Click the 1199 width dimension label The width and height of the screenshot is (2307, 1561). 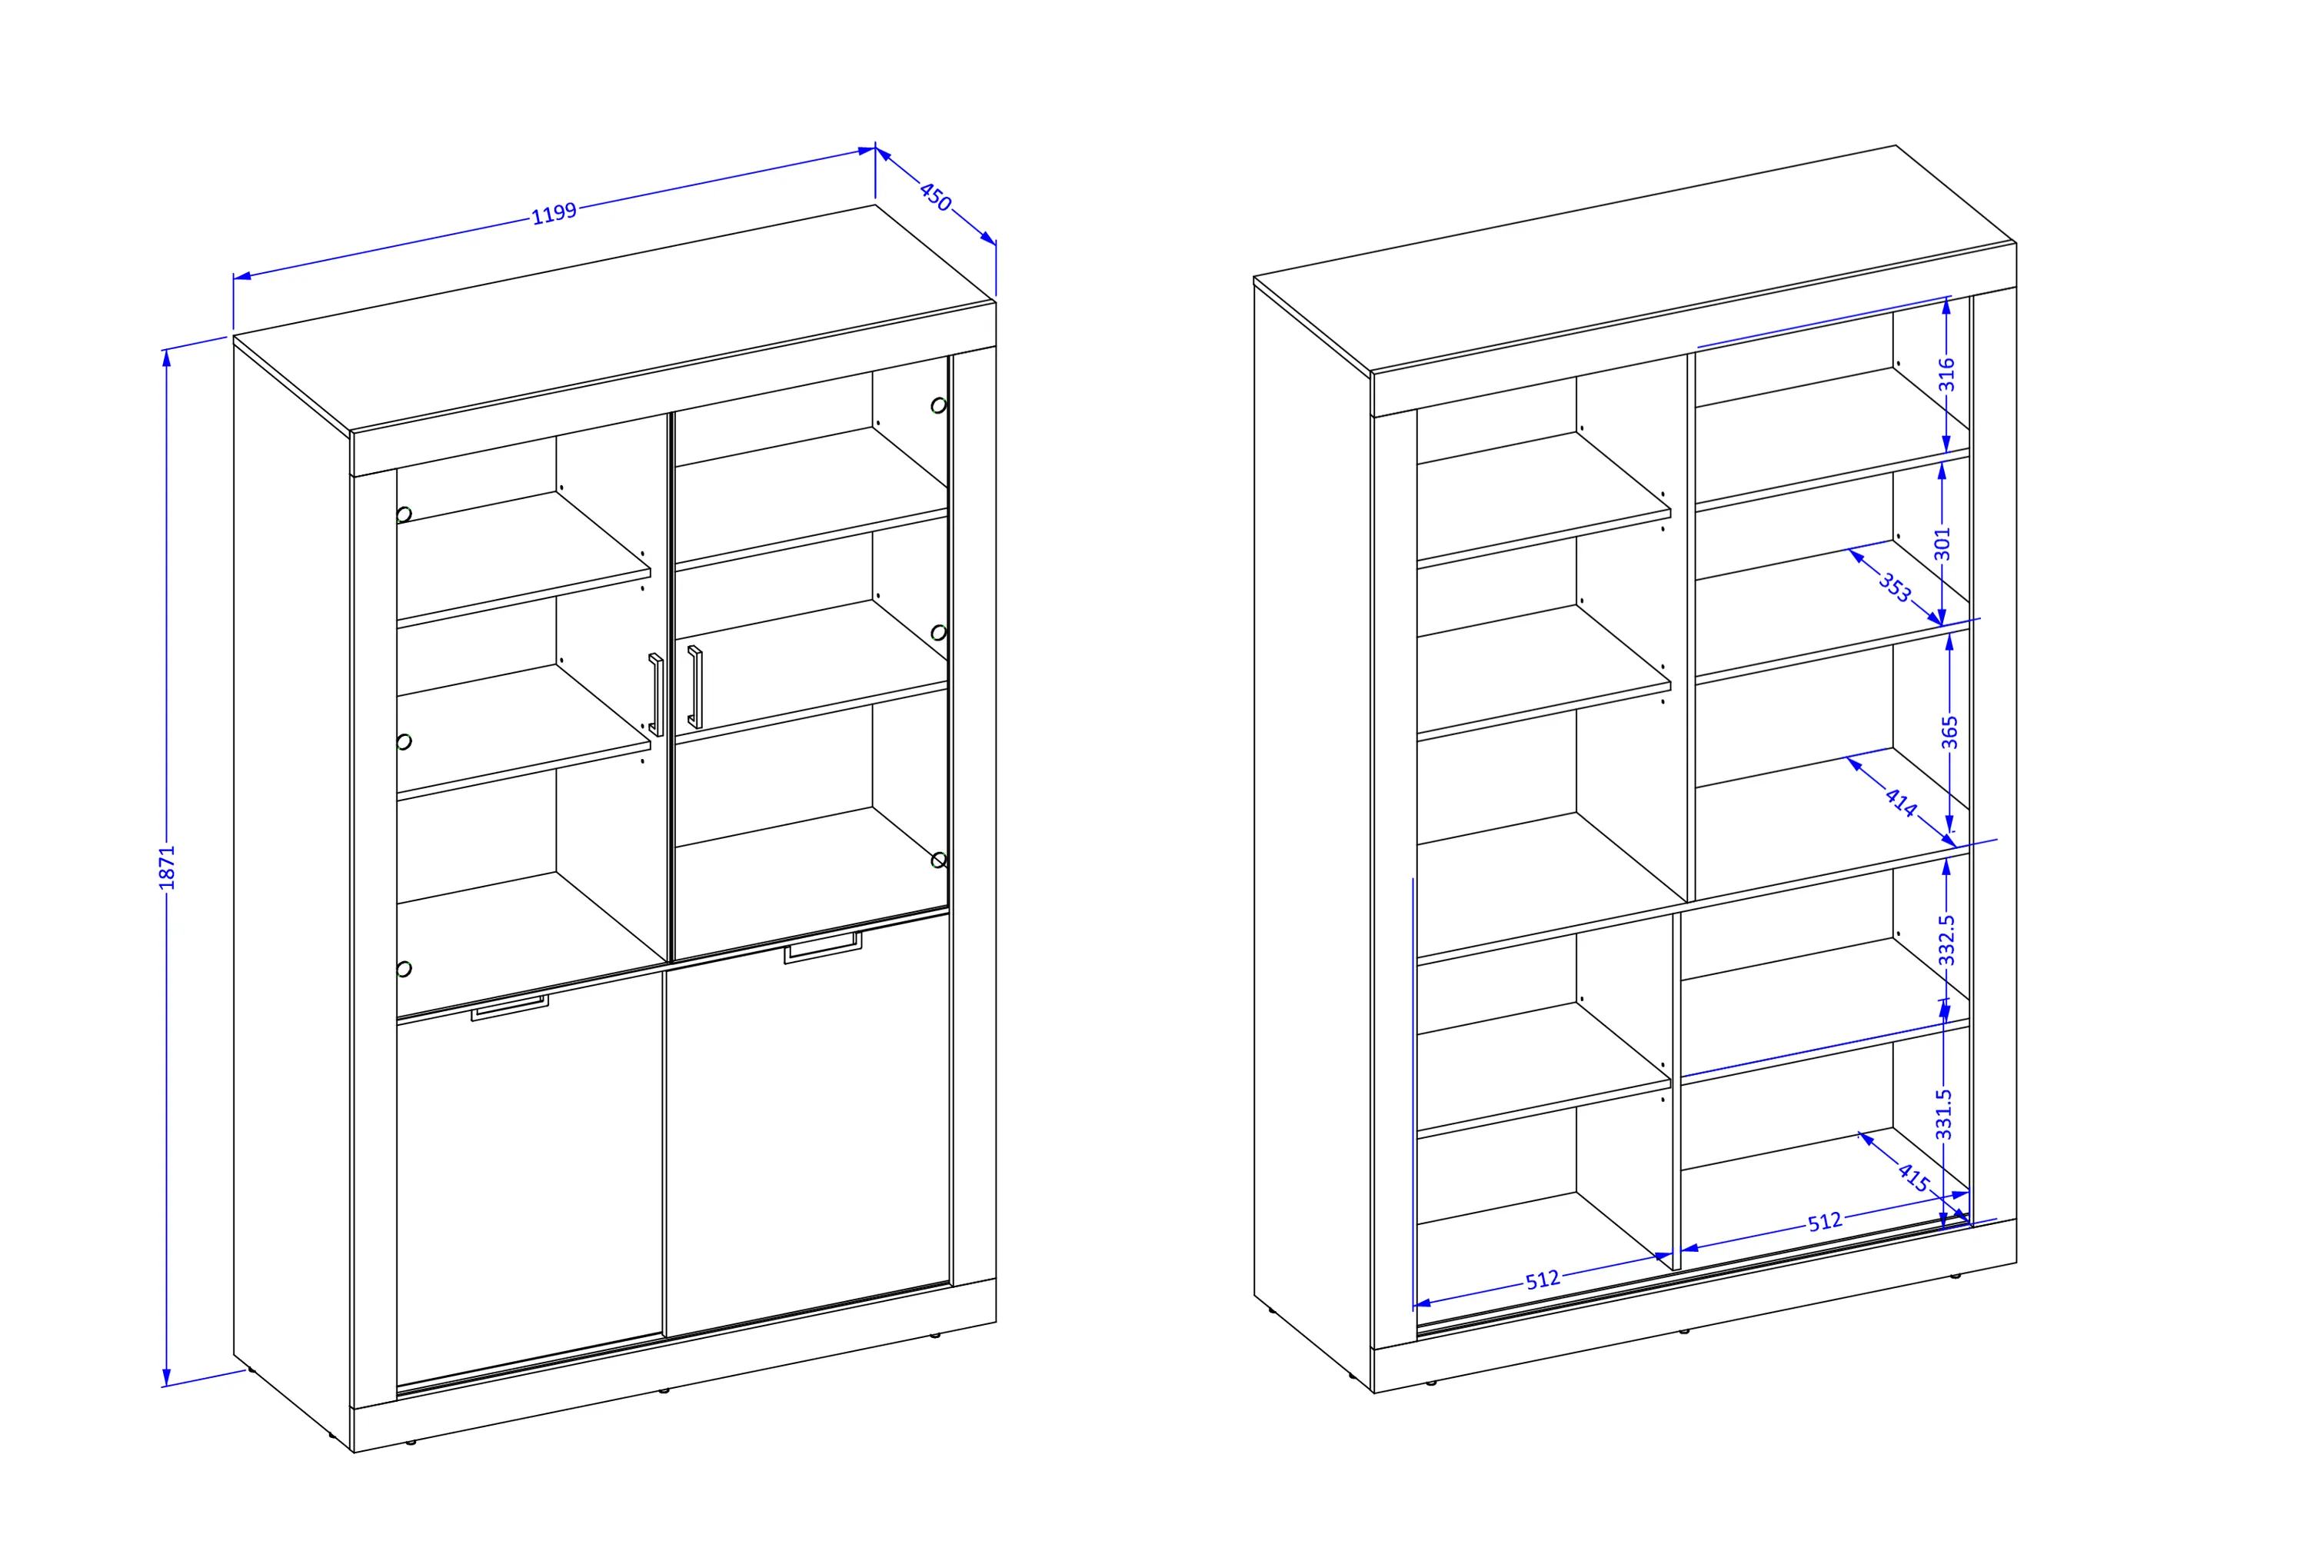pos(554,213)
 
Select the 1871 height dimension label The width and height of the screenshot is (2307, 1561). pos(167,867)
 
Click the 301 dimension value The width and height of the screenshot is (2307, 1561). pos(1942,544)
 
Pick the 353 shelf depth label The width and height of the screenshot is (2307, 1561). pos(1894,587)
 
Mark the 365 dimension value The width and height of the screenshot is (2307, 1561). pos(1949,732)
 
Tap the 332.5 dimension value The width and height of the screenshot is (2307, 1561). pos(1946,940)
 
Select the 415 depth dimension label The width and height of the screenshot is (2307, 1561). pos(1913,1177)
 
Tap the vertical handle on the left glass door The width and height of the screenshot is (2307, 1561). pos(655,694)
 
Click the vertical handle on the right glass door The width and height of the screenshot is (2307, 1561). pos(695,687)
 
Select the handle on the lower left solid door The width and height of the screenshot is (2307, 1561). pos(509,1007)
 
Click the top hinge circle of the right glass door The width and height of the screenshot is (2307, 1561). pos(938,405)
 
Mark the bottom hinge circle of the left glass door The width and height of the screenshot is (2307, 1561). pos(404,969)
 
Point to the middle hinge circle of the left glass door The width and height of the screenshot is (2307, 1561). pos(404,741)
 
